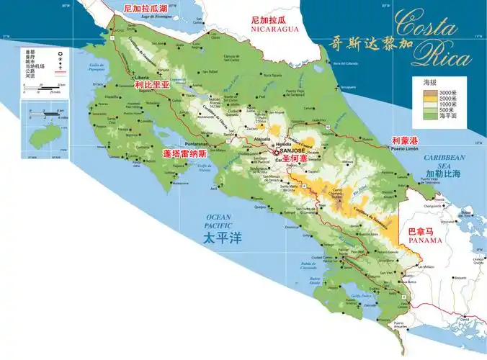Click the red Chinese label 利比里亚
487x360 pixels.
point(151,84)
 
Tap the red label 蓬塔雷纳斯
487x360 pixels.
point(184,153)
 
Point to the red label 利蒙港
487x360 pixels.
point(406,140)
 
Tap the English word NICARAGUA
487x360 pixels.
point(274,30)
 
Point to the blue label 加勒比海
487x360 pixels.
point(444,174)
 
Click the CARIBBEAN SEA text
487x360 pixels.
point(445,161)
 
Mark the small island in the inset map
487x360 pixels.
point(33,132)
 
